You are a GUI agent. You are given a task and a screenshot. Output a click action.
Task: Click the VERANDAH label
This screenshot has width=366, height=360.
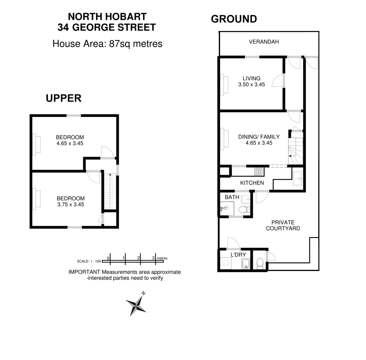pyautogui.click(x=264, y=42)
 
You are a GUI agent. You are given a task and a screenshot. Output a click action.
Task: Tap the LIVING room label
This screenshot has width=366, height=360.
pyautogui.click(x=251, y=79)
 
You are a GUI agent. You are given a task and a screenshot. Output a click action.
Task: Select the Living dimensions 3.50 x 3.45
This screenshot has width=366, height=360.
pyautogui.click(x=251, y=85)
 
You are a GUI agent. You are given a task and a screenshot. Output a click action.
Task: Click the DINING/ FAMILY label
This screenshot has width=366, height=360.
pyautogui.click(x=259, y=137)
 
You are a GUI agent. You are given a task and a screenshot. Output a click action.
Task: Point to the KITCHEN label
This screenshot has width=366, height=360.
pyautogui.click(x=252, y=183)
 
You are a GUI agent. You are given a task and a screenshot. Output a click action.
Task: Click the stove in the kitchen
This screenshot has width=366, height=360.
pyautogui.click(x=259, y=172)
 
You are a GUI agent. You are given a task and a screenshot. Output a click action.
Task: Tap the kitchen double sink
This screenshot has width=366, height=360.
pyautogui.click(x=297, y=178)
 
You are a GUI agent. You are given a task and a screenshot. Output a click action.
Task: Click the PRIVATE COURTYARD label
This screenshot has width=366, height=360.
pyautogui.click(x=283, y=225)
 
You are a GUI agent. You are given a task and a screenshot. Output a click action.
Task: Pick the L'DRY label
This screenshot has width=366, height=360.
pyautogui.click(x=238, y=255)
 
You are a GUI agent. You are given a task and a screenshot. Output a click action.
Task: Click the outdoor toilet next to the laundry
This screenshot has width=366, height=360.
pyautogui.click(x=260, y=263)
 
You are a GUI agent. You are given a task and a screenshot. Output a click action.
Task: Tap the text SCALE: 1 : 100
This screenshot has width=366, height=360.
pyautogui.click(x=89, y=262)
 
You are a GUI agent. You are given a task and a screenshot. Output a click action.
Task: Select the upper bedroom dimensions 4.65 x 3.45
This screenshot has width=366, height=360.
pyautogui.click(x=70, y=144)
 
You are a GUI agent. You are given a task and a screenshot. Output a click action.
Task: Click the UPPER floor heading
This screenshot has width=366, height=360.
pyautogui.click(x=64, y=98)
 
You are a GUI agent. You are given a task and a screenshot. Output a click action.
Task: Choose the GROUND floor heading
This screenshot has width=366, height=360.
pyautogui.click(x=234, y=19)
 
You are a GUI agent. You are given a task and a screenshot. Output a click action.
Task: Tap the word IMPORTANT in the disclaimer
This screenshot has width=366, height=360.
pyautogui.click(x=84, y=272)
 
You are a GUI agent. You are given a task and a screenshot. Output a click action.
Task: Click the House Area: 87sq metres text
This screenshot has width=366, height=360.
pyautogui.click(x=107, y=44)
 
